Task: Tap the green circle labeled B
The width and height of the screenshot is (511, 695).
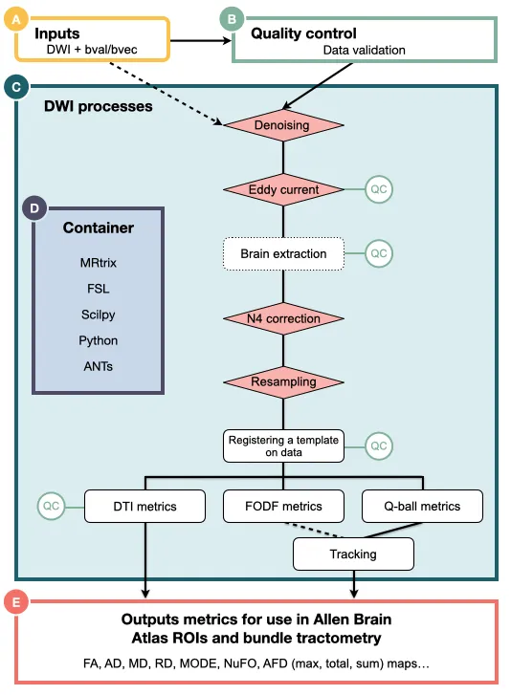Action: tap(230, 17)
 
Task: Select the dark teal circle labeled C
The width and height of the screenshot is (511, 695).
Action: tap(13, 88)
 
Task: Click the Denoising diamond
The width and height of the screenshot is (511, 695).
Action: tap(284, 125)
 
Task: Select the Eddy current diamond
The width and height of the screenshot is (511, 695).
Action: tap(284, 189)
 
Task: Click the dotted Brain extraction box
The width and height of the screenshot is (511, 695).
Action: tap(282, 253)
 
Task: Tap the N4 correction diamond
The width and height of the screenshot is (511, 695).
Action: tap(284, 318)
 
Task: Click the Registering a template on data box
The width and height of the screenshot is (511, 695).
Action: tap(282, 445)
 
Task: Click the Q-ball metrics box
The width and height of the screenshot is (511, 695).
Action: tap(421, 506)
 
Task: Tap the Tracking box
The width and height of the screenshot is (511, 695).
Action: tap(353, 554)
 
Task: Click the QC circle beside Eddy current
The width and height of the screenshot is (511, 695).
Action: tap(380, 189)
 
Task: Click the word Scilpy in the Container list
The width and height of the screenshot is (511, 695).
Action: tap(99, 314)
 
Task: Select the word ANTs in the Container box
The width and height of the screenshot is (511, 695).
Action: tap(99, 366)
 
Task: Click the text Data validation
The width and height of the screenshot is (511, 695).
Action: tap(364, 50)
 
